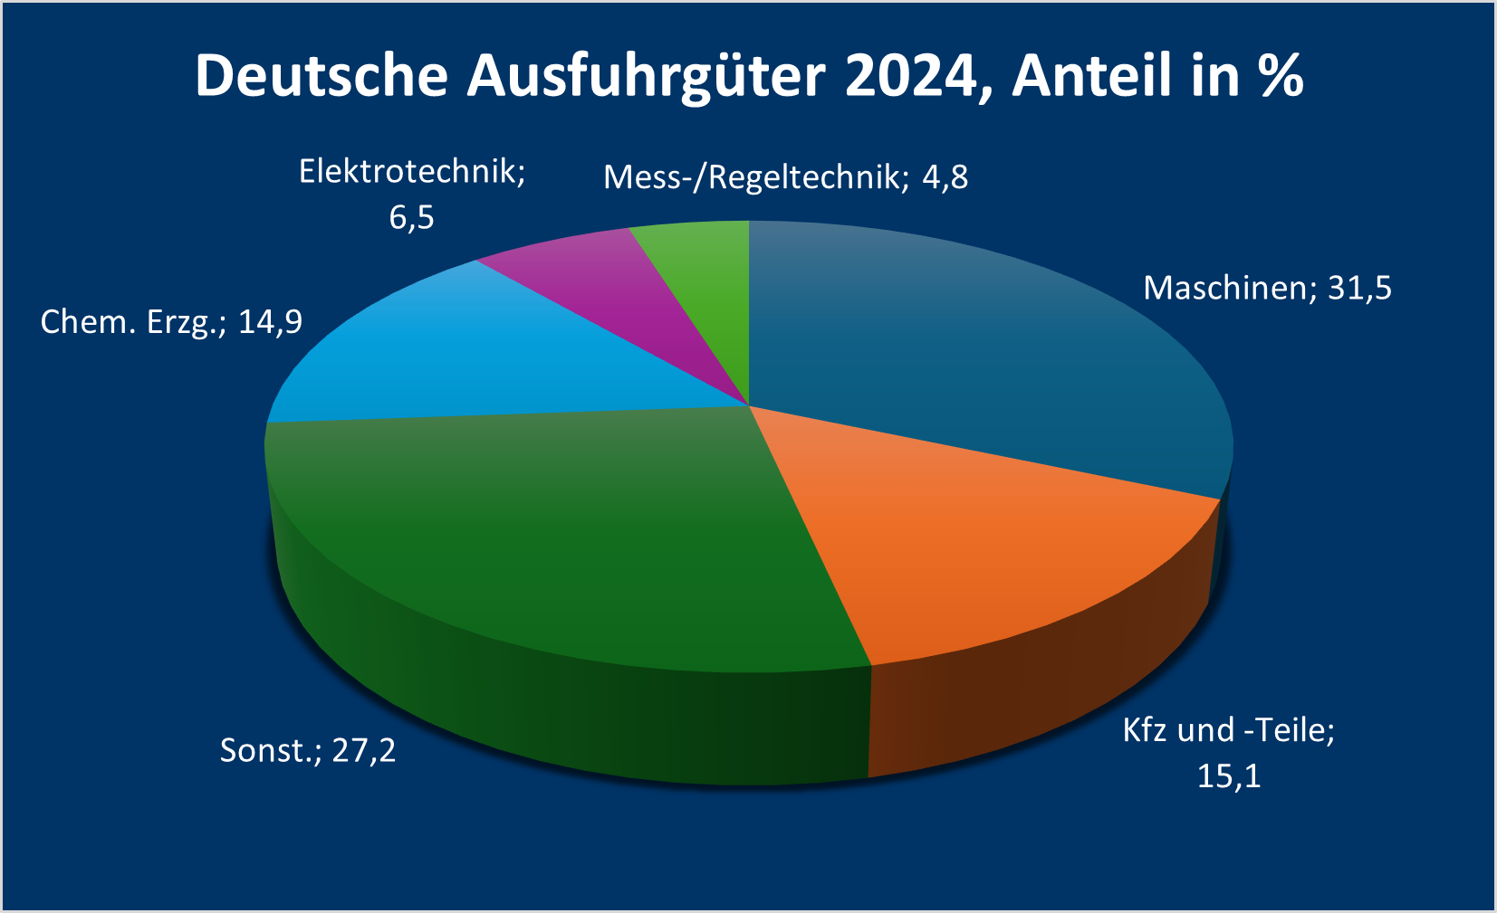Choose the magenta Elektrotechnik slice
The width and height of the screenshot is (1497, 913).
coord(625,290)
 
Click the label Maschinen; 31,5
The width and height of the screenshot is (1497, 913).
coord(1267,288)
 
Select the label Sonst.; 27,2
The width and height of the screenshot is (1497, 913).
coord(308,750)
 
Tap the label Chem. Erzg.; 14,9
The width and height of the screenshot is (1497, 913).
coord(171,321)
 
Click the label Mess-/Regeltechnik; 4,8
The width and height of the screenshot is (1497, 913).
coord(785,176)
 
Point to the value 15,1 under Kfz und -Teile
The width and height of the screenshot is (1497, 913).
coord(1229,775)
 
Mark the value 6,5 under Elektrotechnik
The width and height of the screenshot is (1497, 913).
coord(412,217)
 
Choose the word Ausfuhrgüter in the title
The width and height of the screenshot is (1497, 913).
coord(646,76)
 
